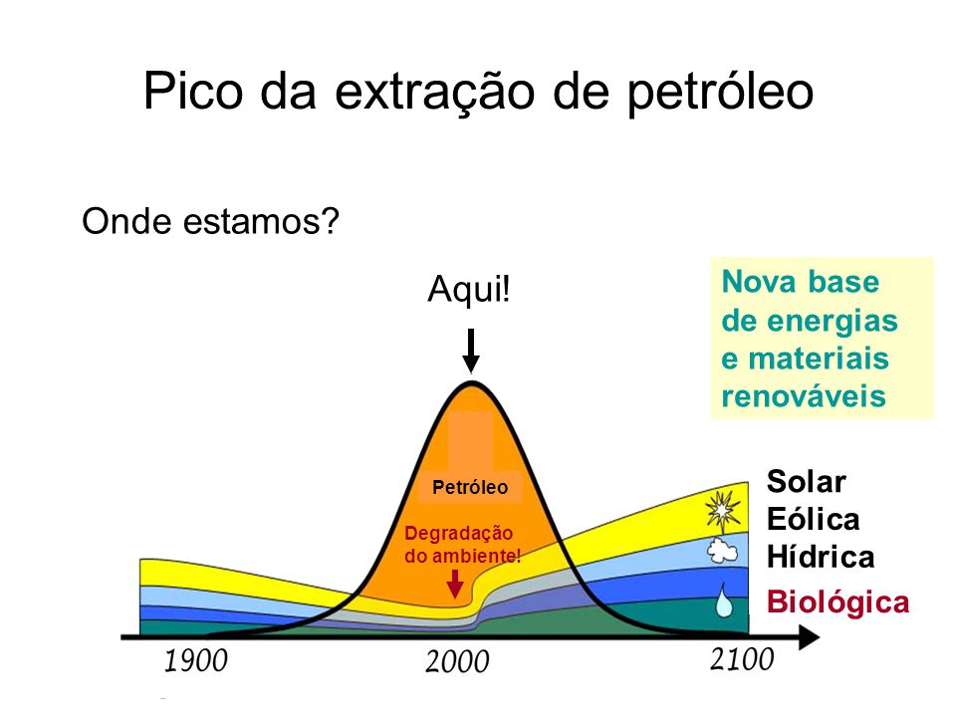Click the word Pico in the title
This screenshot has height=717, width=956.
pyautogui.click(x=193, y=92)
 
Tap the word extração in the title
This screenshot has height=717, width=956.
pyautogui.click(x=435, y=93)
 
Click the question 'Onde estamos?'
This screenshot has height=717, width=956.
pyautogui.click(x=210, y=221)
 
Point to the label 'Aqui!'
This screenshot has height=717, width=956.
pyautogui.click(x=469, y=289)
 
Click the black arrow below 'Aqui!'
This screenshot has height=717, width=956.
pyautogui.click(x=471, y=351)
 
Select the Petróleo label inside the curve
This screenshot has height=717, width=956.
pyautogui.click(x=470, y=487)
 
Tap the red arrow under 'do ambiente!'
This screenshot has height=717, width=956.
pyautogui.click(x=455, y=584)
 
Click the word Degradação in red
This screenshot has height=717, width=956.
pyautogui.click(x=458, y=533)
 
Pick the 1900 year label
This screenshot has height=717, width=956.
pyautogui.click(x=196, y=661)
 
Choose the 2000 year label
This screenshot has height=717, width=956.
pyautogui.click(x=457, y=661)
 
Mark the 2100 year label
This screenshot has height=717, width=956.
pyautogui.click(x=742, y=659)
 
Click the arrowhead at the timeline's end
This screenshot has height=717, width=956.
pyautogui.click(x=809, y=637)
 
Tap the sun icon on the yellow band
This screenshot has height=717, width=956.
pyautogui.click(x=723, y=510)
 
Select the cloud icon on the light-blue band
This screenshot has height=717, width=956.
pyautogui.click(x=723, y=551)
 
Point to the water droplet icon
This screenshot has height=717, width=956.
pyautogui.click(x=724, y=600)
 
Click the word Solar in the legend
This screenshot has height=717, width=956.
pyautogui.click(x=806, y=482)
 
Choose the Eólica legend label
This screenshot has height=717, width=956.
pyautogui.click(x=813, y=520)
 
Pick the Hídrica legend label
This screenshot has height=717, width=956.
pyautogui.click(x=820, y=558)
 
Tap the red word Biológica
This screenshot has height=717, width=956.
pyautogui.click(x=837, y=602)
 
